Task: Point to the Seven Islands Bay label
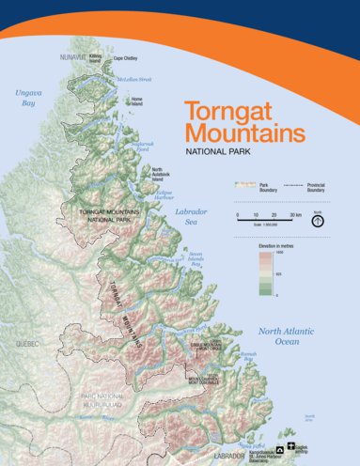point(195,258)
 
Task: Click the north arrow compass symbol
point(319,220)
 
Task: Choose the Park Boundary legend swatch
point(245,186)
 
